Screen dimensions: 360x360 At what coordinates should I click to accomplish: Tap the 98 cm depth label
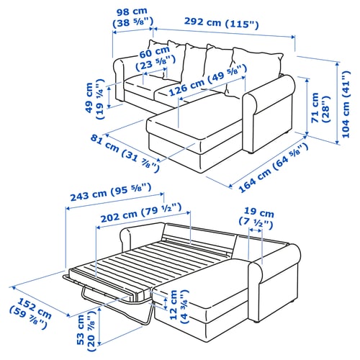[x=132, y=17]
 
